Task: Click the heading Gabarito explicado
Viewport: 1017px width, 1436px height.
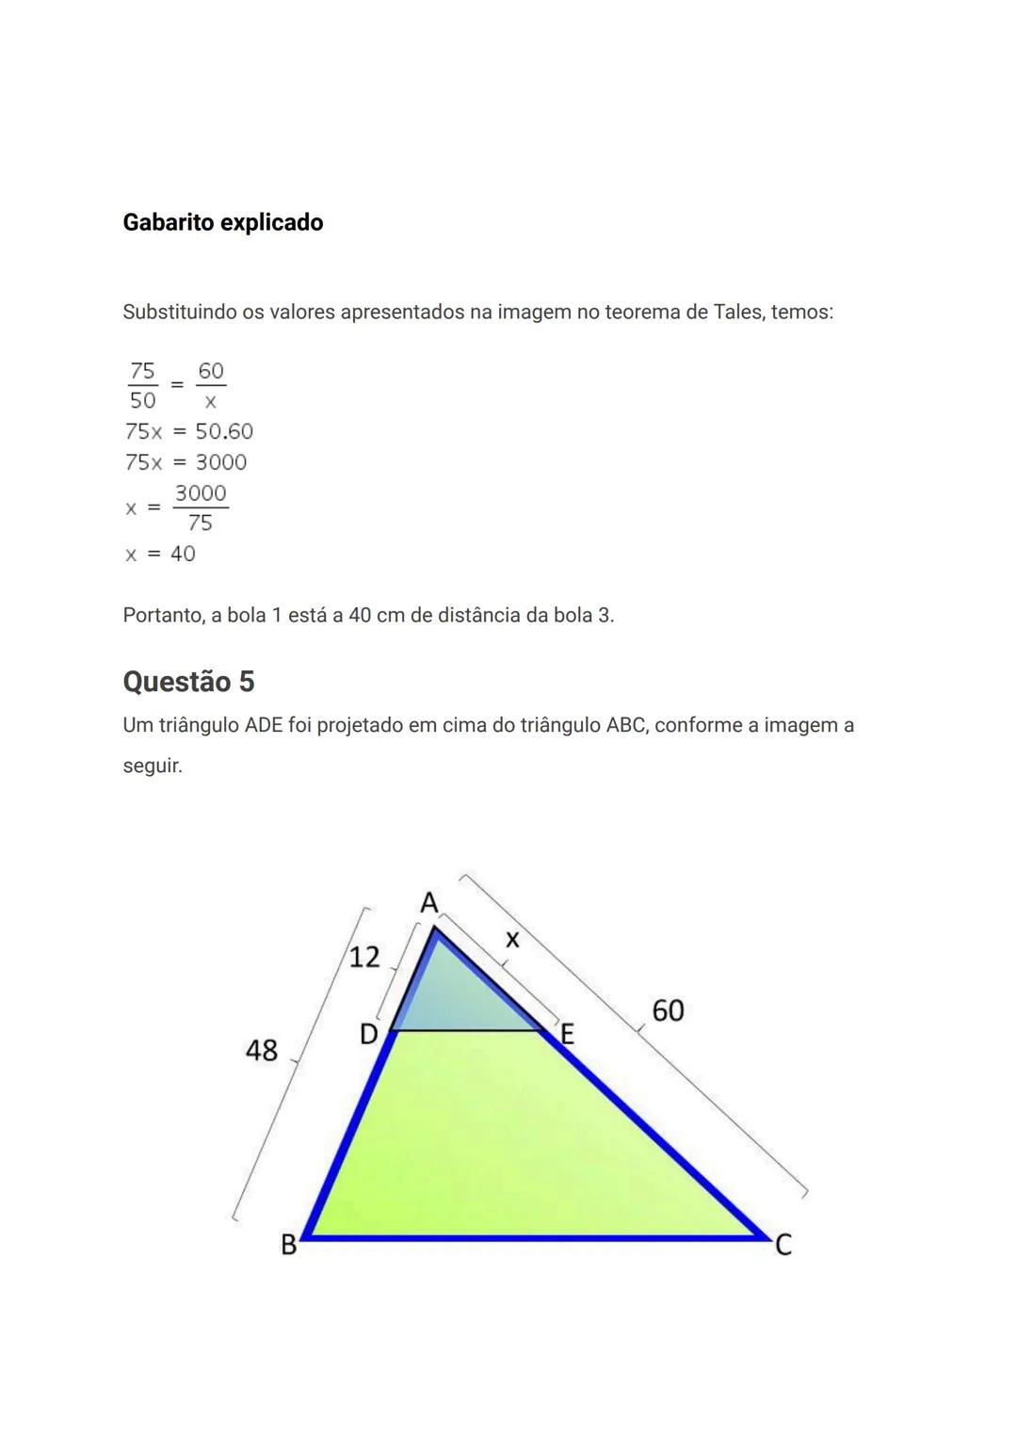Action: click(x=223, y=222)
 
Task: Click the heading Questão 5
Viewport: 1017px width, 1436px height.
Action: click(x=188, y=681)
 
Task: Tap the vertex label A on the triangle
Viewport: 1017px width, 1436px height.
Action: click(x=429, y=903)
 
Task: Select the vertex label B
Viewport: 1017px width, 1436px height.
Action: click(x=289, y=1245)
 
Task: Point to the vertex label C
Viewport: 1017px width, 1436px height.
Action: click(x=783, y=1245)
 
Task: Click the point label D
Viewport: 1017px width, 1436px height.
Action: click(x=369, y=1035)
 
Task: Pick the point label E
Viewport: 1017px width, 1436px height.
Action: click(x=567, y=1036)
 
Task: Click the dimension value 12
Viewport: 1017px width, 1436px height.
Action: click(x=364, y=958)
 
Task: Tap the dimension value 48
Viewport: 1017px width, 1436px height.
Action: click(x=262, y=1050)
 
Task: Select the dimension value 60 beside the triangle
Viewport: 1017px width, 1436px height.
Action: click(x=668, y=1010)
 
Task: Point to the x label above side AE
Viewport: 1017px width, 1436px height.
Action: click(x=512, y=939)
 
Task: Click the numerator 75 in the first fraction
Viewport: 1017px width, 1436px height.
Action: click(x=142, y=370)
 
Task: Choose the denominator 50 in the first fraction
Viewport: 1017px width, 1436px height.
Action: click(x=142, y=400)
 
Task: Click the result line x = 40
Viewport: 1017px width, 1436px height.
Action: click(x=160, y=554)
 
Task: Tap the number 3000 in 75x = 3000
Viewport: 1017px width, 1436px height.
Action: click(x=221, y=462)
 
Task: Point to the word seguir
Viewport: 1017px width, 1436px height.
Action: click(x=153, y=766)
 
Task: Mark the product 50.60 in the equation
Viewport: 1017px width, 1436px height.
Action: click(x=224, y=431)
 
